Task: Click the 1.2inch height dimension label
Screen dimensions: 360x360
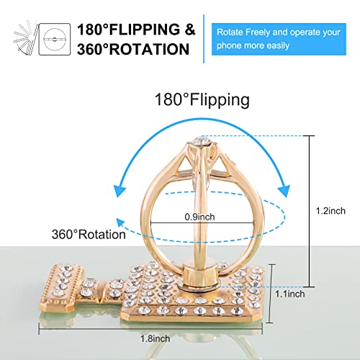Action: tap(330, 211)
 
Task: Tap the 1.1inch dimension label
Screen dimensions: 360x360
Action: tap(290, 294)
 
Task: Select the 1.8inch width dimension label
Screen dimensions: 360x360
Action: tap(156, 338)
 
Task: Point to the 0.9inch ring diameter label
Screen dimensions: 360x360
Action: tap(199, 217)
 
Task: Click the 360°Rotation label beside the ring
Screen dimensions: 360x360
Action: tap(89, 234)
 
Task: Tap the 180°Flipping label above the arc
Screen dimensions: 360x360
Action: tap(202, 100)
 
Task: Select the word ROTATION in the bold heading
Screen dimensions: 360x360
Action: tap(150, 49)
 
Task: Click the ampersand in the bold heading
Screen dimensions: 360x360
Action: tap(190, 30)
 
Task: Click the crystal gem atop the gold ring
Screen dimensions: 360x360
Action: tap(201, 141)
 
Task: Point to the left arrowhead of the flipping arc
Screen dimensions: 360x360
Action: tap(120, 191)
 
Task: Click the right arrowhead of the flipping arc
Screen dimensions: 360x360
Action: tap(284, 191)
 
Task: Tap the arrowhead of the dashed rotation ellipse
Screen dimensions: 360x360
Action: tap(120, 222)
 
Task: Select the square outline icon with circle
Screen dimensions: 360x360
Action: tap(55, 39)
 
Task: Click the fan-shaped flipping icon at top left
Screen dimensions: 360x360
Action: tap(26, 37)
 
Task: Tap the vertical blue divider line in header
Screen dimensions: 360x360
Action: tap(204, 39)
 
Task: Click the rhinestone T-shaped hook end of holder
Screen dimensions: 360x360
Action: tap(63, 288)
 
